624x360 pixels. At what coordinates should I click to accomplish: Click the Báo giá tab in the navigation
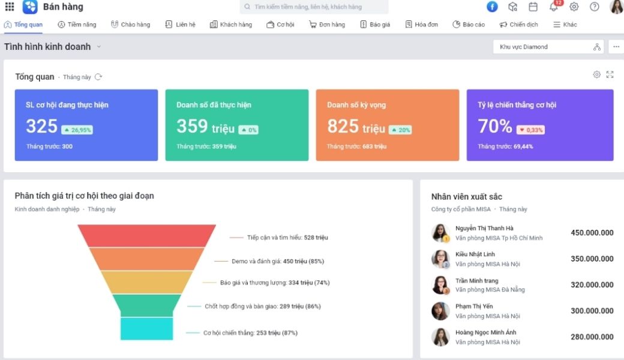tap(375, 25)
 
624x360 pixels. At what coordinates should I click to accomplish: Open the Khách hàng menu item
tap(231, 25)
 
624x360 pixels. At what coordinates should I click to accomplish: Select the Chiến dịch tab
tap(518, 25)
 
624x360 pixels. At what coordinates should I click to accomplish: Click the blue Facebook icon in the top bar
tap(492, 7)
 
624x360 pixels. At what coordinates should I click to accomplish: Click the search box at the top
tap(314, 7)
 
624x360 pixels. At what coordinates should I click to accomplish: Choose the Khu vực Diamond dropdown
tap(548, 47)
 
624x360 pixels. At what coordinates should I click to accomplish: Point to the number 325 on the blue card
tap(42, 126)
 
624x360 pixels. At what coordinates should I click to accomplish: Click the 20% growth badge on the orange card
tap(400, 130)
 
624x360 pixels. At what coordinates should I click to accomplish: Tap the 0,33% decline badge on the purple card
tap(530, 130)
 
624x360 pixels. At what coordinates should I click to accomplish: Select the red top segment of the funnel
tap(147, 235)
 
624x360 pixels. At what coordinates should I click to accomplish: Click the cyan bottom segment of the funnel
tap(147, 329)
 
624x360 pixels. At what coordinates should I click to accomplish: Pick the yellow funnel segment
tap(147, 282)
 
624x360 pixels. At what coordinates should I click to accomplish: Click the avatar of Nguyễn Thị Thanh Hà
tap(440, 233)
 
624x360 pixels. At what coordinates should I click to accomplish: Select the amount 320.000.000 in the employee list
tap(592, 285)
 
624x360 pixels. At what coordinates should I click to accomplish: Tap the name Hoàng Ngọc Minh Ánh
tap(485, 332)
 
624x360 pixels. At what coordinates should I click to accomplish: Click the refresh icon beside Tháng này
tap(98, 77)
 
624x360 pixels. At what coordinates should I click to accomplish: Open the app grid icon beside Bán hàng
tap(10, 7)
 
